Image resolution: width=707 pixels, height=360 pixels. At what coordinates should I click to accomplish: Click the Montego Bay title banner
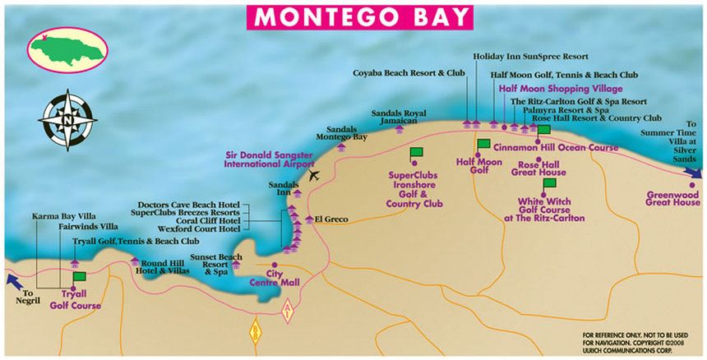click(361, 16)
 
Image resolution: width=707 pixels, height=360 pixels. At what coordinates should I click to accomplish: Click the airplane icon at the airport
click(312, 174)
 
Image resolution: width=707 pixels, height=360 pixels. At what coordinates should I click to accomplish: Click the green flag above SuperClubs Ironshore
click(415, 154)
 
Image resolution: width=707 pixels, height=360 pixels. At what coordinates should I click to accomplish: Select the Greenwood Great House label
click(673, 197)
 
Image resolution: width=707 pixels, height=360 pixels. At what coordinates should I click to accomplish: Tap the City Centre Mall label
click(276, 278)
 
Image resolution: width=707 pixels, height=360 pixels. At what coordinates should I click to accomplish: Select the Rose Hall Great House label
click(538, 169)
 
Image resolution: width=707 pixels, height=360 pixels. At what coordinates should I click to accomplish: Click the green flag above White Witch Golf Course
click(549, 183)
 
